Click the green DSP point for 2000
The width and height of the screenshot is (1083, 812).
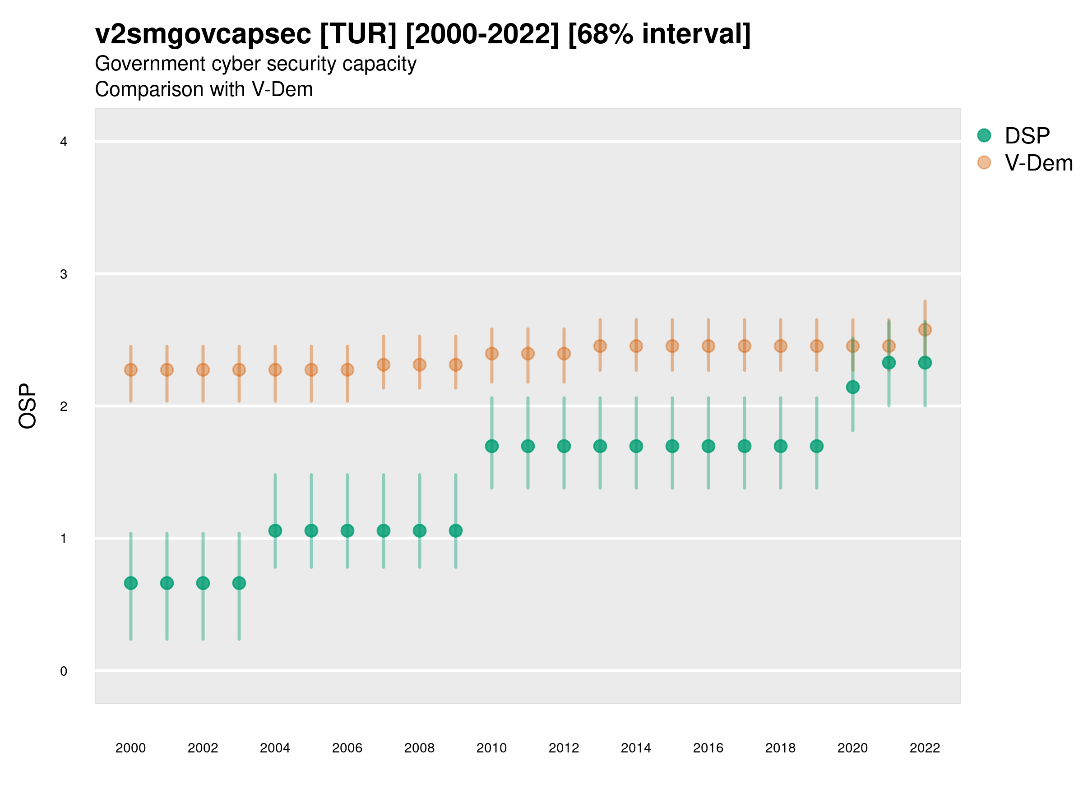click(x=131, y=583)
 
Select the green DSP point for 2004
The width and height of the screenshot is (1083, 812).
click(x=275, y=531)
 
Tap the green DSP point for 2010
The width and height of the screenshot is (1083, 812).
click(x=491, y=446)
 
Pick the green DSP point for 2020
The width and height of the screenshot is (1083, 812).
click(x=852, y=387)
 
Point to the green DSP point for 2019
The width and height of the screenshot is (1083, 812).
click(x=817, y=446)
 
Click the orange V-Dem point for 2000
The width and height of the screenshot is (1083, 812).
click(x=131, y=369)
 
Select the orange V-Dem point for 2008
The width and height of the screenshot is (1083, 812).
click(x=420, y=364)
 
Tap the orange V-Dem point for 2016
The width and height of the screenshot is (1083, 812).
click(x=708, y=346)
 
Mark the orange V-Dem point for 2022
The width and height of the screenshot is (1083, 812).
click(x=925, y=329)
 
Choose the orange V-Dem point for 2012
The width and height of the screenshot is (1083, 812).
click(x=564, y=353)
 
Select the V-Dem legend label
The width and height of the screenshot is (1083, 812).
click(x=1038, y=163)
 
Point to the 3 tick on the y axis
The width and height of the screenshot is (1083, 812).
click(x=64, y=274)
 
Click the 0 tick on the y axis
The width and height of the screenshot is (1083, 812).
click(x=64, y=671)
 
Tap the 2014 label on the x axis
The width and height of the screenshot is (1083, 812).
click(x=636, y=748)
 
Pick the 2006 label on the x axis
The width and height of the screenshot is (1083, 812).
click(x=347, y=748)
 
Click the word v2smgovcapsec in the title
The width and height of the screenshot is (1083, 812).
click(x=203, y=34)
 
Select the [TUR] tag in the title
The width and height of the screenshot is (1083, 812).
click(x=358, y=34)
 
